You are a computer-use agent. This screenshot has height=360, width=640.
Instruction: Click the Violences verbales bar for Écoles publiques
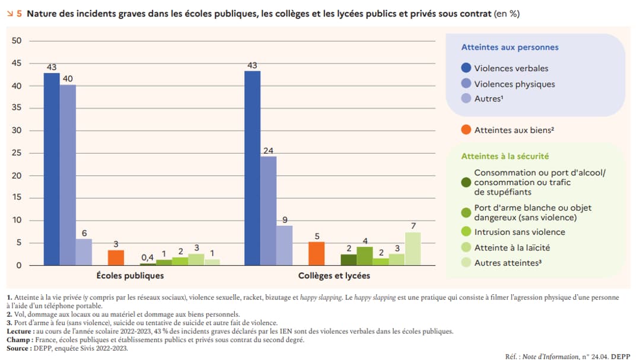click(52, 169)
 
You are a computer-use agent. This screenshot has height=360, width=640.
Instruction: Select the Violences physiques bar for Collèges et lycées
click(268, 211)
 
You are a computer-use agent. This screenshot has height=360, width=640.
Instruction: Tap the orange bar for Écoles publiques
click(116, 258)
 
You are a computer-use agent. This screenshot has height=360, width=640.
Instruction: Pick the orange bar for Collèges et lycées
click(317, 254)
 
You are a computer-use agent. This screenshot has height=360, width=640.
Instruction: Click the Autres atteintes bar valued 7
click(413, 249)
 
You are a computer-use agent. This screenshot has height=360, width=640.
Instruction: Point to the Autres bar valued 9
click(284, 246)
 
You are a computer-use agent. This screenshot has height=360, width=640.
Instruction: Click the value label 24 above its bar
click(268, 151)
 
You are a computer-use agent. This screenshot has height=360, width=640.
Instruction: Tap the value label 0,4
click(147, 257)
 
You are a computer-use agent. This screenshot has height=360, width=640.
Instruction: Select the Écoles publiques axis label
click(130, 276)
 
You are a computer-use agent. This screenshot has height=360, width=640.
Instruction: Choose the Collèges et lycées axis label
click(334, 276)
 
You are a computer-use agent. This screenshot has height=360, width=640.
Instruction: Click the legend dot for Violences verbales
click(466, 68)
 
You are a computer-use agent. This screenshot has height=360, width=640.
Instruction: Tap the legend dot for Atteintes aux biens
click(466, 129)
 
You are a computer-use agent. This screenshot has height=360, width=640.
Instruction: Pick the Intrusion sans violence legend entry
click(520, 232)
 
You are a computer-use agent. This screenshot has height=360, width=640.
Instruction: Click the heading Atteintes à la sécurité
click(505, 156)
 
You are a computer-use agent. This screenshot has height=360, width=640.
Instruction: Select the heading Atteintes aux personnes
click(510, 47)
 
